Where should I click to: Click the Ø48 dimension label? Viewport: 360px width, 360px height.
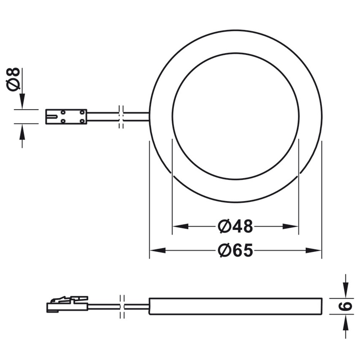[x=235, y=226]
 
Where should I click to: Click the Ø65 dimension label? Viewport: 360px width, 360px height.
[x=235, y=250]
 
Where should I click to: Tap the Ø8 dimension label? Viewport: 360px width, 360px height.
[x=13, y=79]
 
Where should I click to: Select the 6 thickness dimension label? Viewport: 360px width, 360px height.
[x=345, y=306]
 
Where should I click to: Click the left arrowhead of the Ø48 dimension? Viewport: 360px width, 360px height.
[x=180, y=226]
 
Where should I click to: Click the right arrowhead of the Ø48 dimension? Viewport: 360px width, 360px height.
[x=290, y=226]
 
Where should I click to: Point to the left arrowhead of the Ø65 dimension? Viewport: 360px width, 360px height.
[x=158, y=250]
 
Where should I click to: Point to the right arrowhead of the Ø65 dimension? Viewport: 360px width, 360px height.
[x=314, y=250]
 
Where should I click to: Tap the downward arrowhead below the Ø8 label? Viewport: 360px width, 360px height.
[x=22, y=101]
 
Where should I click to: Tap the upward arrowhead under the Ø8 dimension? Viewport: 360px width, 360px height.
[x=22, y=132]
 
